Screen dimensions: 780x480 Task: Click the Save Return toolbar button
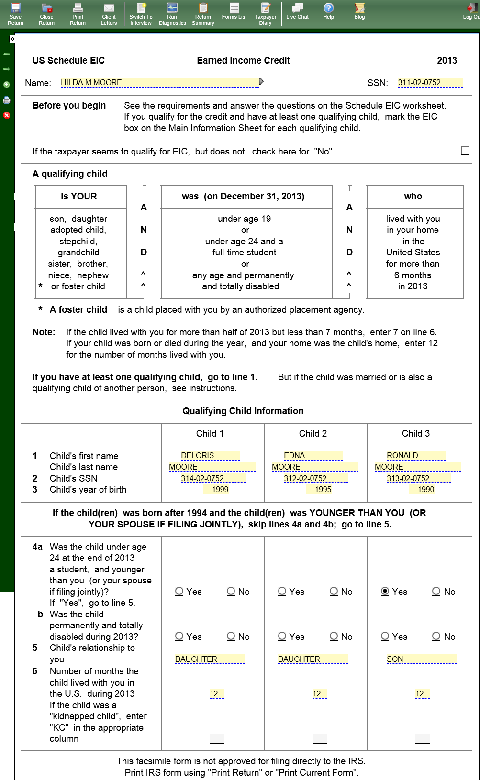pyautogui.click(x=15, y=14)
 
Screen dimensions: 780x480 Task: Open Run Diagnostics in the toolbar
pyautogui.click(x=172, y=14)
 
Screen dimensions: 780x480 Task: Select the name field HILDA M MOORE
pyautogui.click(x=160, y=83)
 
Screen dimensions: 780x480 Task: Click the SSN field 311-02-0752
pyautogui.click(x=430, y=83)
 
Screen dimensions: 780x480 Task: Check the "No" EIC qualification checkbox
pyautogui.click(x=465, y=151)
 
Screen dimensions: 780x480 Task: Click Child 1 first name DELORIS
pyautogui.click(x=210, y=455)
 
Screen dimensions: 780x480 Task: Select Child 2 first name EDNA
pyautogui.click(x=313, y=455)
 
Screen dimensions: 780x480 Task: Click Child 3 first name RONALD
pyautogui.click(x=415, y=455)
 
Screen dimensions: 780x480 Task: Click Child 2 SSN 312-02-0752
pyautogui.click(x=315, y=478)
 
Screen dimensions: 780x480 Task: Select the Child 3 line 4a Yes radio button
pyautogui.click(x=385, y=592)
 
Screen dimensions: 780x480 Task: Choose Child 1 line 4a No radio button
pyautogui.click(x=231, y=592)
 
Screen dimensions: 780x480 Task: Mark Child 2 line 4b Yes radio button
pyautogui.click(x=282, y=637)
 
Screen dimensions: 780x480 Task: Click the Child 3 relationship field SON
pyautogui.click(x=421, y=659)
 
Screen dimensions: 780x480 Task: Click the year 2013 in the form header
pyautogui.click(x=447, y=60)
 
